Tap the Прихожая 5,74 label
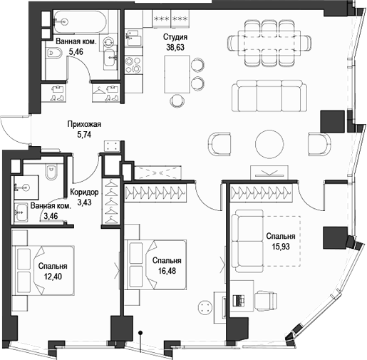(x=89, y=128)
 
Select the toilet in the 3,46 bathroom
(x=50, y=173)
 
